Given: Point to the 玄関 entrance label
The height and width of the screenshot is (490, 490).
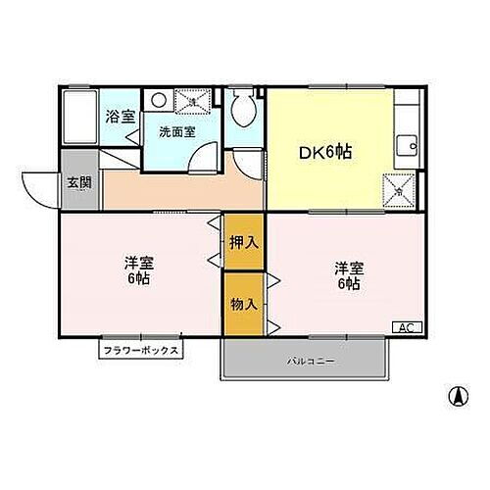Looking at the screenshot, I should click(x=78, y=181).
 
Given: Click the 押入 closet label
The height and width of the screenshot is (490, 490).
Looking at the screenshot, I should click(x=244, y=242).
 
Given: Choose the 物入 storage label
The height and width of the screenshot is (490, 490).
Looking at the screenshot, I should click(x=244, y=304).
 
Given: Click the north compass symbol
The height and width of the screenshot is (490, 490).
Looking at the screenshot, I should click(x=456, y=398).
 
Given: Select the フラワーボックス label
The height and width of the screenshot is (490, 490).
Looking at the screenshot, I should click(x=140, y=349).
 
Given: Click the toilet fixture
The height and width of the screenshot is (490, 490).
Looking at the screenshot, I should click(x=243, y=108).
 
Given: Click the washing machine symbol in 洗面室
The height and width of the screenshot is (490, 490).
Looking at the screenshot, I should click(x=192, y=100).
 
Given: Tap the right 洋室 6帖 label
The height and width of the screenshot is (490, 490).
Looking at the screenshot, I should click(x=347, y=275).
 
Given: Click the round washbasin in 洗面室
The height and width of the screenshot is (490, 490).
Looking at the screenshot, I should click(x=159, y=99).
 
